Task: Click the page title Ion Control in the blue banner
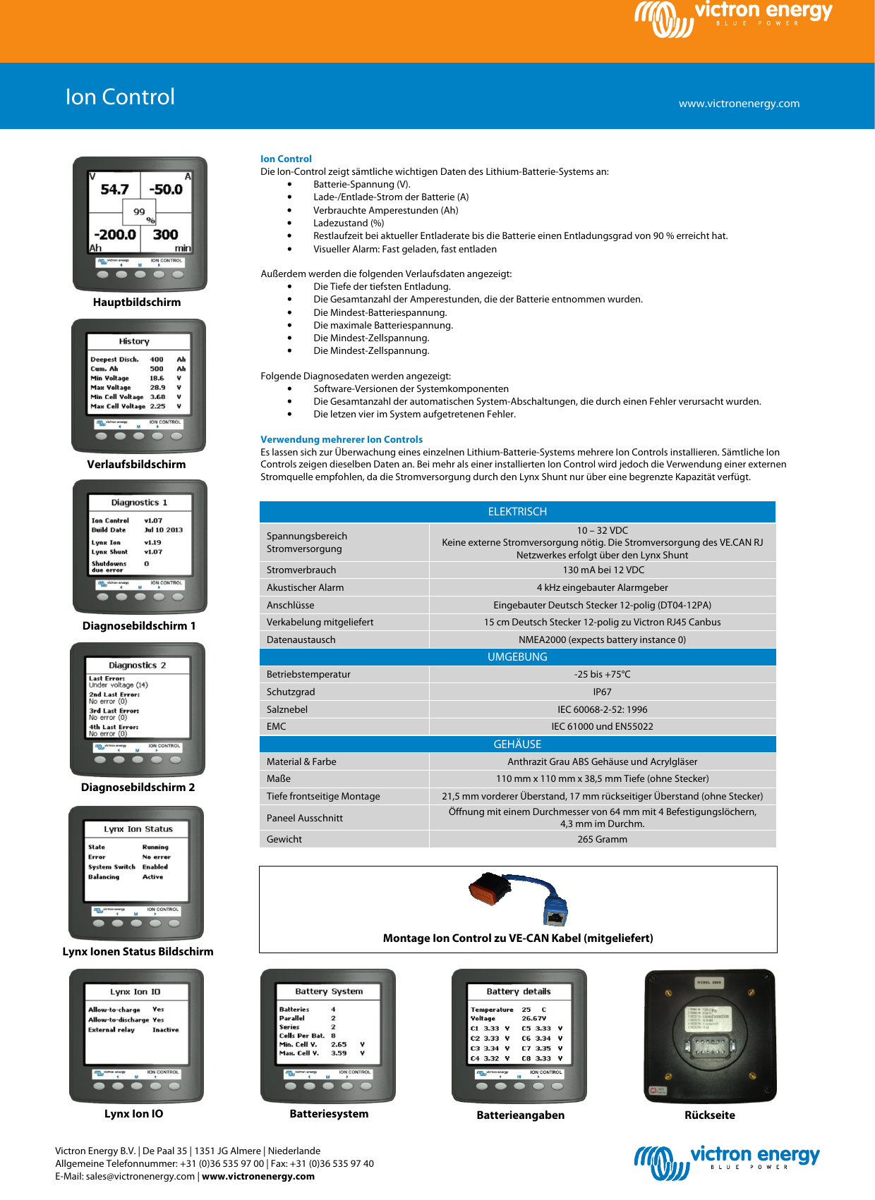[120, 97]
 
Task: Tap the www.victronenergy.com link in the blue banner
[739, 104]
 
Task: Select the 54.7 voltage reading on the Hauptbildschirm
[114, 190]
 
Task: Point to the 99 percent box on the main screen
[140, 212]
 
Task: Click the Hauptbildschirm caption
[137, 302]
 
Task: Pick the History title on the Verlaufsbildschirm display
[134, 341]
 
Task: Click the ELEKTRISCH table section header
[517, 512]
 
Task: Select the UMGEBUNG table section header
[517, 657]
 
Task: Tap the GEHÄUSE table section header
[517, 745]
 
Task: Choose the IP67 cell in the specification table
[602, 692]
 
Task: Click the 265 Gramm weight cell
[602, 839]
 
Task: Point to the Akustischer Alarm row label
[306, 587]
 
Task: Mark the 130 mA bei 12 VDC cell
[603, 570]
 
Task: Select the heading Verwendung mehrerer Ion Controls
[342, 439]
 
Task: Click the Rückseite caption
[710, 1115]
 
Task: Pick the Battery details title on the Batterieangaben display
[519, 991]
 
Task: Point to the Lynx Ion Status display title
[138, 829]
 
